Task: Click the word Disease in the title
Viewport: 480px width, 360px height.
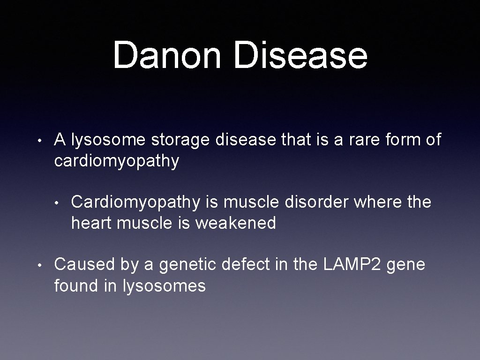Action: coord(301,55)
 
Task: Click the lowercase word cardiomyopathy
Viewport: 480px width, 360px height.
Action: coord(117,161)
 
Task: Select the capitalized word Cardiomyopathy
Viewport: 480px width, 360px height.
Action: coord(135,202)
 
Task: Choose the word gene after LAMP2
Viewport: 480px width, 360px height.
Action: coord(407,265)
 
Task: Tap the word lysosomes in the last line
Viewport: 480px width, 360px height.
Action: coord(164,285)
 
